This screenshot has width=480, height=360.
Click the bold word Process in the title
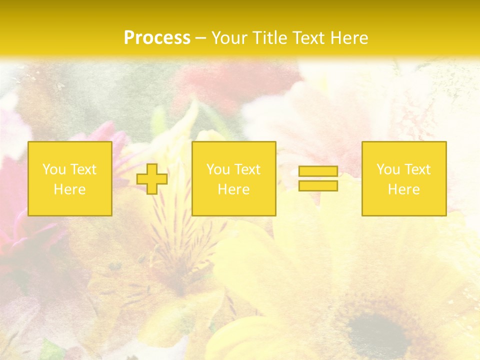[157, 38]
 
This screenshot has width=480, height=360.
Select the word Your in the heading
[230, 38]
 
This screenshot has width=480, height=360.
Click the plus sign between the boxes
[152, 179]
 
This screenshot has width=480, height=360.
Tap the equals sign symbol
[318, 178]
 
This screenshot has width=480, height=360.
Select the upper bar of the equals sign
[318, 171]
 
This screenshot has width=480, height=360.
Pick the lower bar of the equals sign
[318, 185]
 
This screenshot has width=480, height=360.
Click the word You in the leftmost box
[53, 169]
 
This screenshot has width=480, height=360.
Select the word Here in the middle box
[233, 189]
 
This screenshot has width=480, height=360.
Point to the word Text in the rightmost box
[417, 169]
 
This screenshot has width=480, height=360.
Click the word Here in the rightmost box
[403, 189]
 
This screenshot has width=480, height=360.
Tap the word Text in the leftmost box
[82, 169]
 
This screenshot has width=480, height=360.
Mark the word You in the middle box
[217, 169]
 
